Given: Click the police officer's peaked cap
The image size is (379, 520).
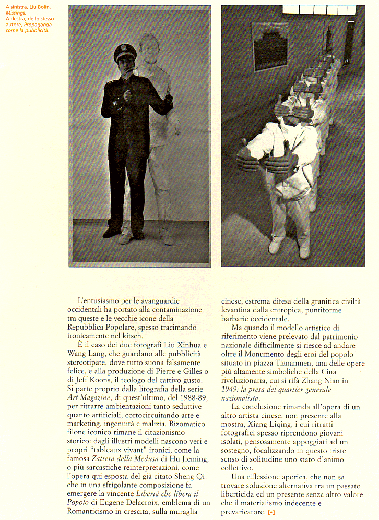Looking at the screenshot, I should coord(125,52).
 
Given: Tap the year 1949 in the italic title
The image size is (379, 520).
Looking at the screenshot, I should coord(230,390).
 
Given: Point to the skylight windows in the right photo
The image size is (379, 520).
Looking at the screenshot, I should coord(319,9).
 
